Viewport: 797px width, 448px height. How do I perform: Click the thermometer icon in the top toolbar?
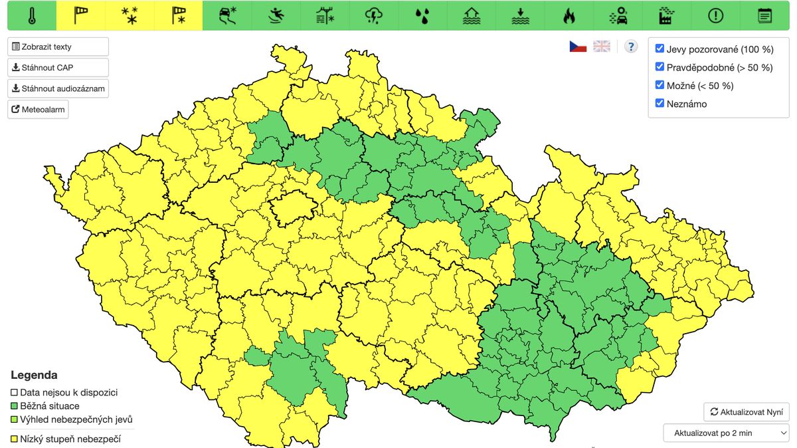[32, 15]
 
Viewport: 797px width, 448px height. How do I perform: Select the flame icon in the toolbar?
[569, 15]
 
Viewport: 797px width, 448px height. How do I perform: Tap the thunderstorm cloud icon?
[374, 15]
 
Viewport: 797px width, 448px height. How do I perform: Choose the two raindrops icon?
[422, 15]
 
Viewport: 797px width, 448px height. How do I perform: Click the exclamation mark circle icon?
[715, 15]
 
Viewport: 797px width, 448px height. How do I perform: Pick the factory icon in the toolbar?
[666, 15]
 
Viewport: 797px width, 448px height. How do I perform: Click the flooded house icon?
[472, 15]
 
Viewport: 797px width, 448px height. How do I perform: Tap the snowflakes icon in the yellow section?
[130, 15]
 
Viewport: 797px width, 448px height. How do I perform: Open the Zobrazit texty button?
[58, 47]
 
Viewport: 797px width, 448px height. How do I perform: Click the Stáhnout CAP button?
[58, 68]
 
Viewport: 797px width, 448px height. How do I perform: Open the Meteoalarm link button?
[38, 109]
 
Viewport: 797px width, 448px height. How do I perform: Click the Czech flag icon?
[578, 47]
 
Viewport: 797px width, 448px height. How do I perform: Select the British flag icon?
[602, 47]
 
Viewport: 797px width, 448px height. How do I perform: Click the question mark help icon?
[631, 47]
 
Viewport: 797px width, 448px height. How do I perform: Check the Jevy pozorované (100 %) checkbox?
[660, 49]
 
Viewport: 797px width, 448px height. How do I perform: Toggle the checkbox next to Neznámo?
[660, 103]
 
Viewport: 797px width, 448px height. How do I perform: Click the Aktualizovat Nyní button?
[747, 412]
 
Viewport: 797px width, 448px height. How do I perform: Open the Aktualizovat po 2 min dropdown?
[726, 433]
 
